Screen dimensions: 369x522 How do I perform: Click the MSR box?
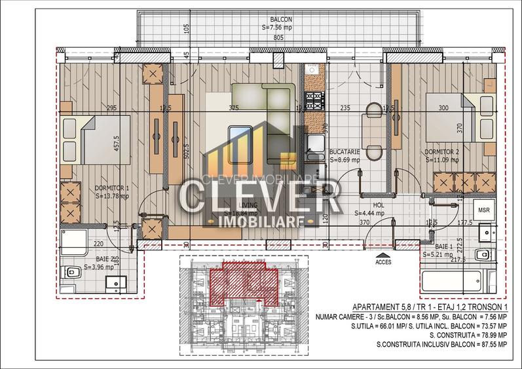tap(484, 210)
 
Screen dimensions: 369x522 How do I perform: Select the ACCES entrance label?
tap(384, 261)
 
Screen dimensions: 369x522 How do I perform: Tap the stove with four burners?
tap(314, 101)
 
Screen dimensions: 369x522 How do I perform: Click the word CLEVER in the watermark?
tap(260, 195)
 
